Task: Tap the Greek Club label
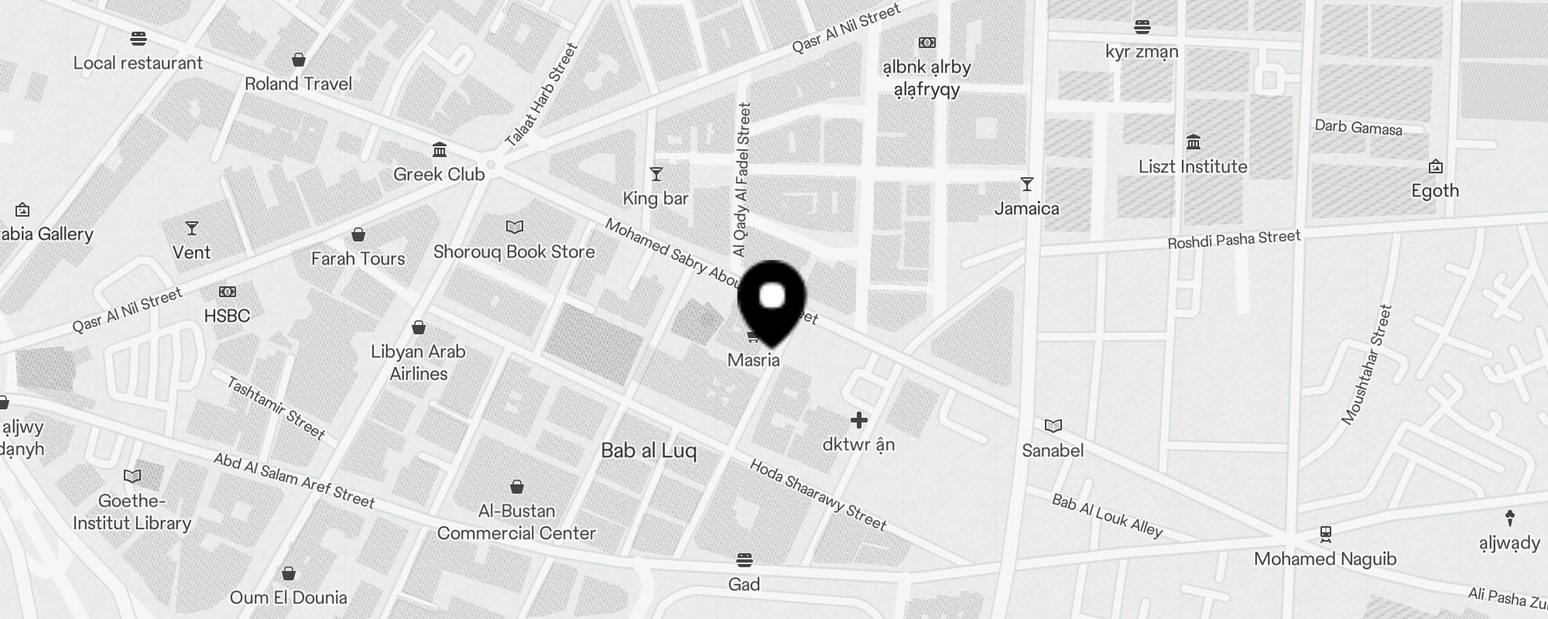click(439, 175)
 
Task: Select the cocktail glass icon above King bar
click(656, 174)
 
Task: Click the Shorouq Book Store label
click(514, 252)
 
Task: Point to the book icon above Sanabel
click(1053, 426)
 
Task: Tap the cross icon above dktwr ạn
click(858, 420)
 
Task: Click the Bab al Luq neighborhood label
click(649, 451)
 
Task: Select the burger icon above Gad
click(744, 559)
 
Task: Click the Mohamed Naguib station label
click(1325, 559)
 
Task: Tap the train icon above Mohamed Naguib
click(1325, 534)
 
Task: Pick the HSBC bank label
click(227, 316)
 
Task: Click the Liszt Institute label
click(1193, 167)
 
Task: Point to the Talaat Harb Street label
click(542, 96)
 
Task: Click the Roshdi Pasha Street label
click(1234, 239)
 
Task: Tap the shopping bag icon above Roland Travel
click(298, 60)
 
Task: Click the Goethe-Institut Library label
click(132, 512)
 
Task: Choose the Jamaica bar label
click(1026, 209)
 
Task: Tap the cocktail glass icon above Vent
click(191, 228)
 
